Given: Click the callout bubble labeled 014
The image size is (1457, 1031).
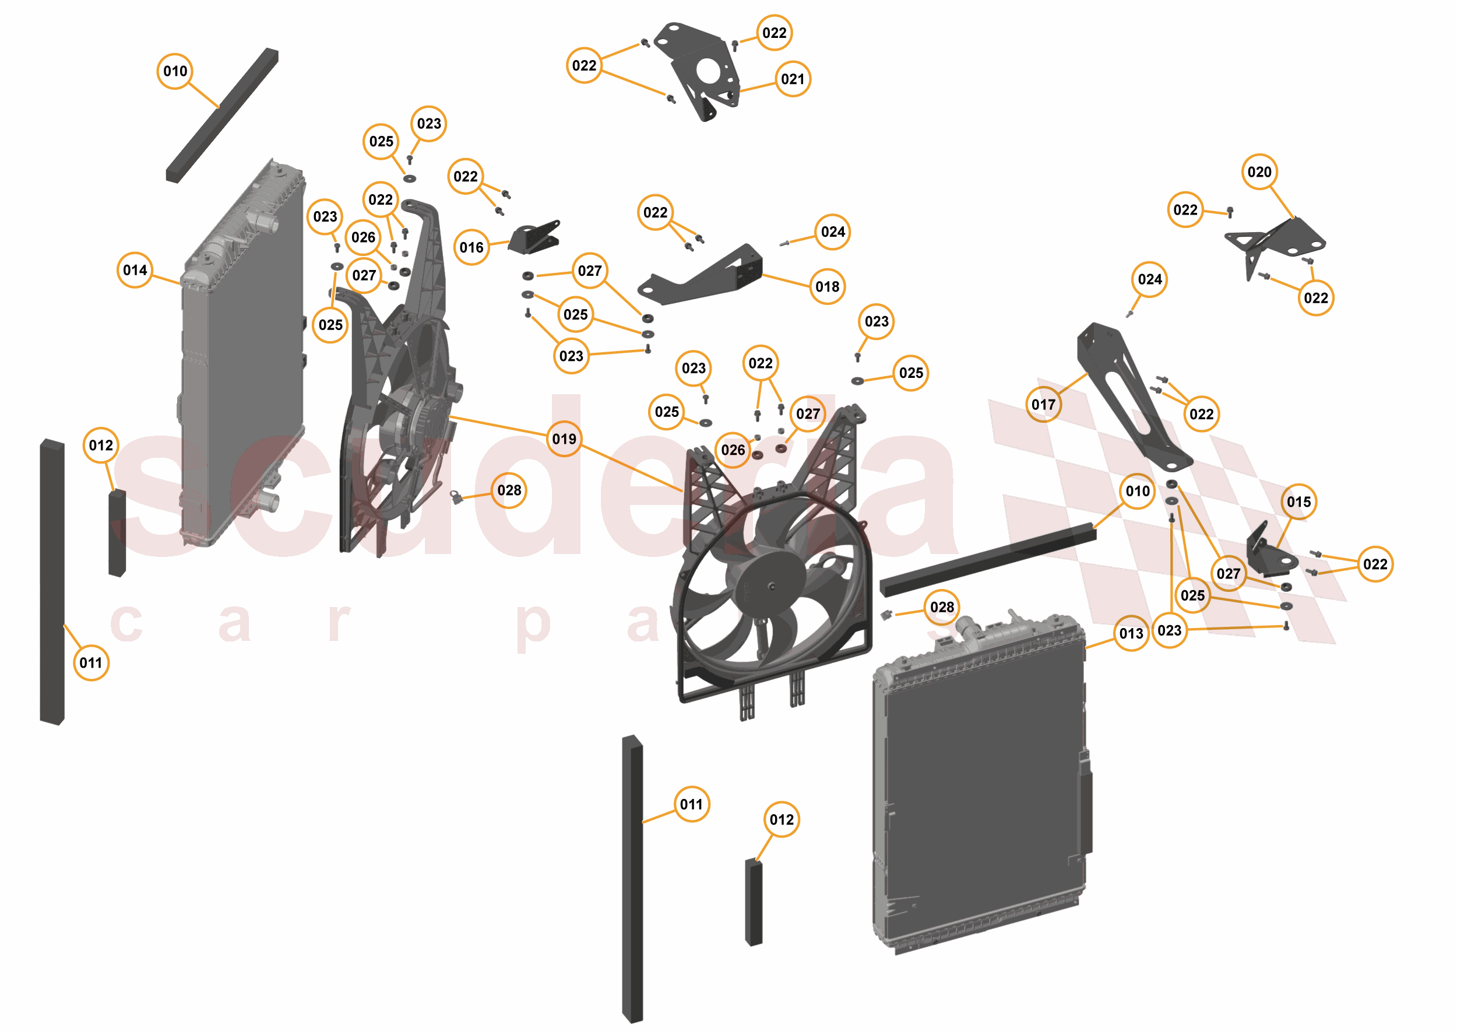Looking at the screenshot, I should click(x=135, y=271).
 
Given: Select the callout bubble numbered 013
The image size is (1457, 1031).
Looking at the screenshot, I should click(x=1131, y=633).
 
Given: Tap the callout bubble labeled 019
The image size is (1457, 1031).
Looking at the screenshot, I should click(x=564, y=439).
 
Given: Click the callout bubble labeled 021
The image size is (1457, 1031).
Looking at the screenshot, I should click(x=793, y=79).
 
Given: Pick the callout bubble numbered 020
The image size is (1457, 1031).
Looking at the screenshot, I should click(x=1259, y=172).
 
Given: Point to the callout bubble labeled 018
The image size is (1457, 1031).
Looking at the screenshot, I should click(x=828, y=287).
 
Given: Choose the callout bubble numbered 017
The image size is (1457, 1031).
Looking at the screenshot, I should click(x=1043, y=404).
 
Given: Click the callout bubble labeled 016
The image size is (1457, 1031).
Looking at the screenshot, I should click(x=471, y=248).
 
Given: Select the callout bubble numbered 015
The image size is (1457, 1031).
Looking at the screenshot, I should click(x=1299, y=502).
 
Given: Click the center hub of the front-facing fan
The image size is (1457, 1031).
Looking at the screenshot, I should click(x=772, y=587).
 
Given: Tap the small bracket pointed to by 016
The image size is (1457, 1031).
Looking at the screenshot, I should click(x=535, y=239).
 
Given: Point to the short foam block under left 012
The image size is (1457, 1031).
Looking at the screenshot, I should click(x=117, y=533).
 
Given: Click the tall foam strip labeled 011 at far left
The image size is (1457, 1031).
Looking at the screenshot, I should click(x=52, y=581).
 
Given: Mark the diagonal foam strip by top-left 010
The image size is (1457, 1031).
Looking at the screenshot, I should click(x=222, y=115).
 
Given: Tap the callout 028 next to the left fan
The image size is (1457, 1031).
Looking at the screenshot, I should click(x=509, y=490).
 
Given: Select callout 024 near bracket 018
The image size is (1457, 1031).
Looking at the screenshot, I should click(x=833, y=232).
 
